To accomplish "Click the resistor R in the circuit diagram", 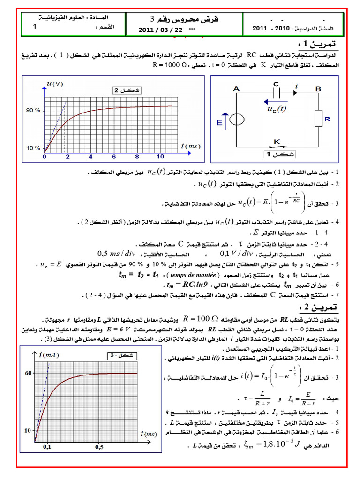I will click(319, 118).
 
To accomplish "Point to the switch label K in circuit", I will click(277, 141).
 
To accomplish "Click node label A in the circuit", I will click(236, 88).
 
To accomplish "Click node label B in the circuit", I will click(318, 88).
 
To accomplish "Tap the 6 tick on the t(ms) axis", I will click(113, 157).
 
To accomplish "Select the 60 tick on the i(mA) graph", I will click(29, 373).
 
